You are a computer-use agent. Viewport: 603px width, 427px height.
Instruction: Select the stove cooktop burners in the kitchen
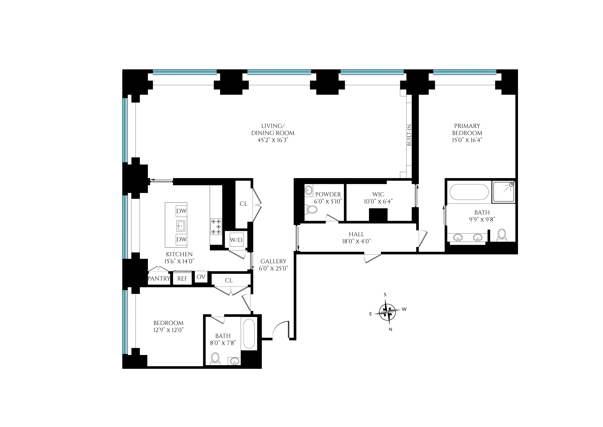pos(216,226)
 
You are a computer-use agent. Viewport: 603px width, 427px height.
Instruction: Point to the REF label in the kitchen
pos(182,279)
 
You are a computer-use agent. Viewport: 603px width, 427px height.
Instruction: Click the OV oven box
pos(201,277)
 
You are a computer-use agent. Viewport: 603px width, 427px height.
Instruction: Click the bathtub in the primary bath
pos(469,192)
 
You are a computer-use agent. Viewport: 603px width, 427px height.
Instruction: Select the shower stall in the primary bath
pos(504,191)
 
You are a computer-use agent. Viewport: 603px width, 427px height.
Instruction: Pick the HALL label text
pos(356,234)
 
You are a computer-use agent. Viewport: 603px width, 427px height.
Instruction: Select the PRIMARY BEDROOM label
pos(467,129)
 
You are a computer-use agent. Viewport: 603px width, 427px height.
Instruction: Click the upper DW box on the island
pos(181,211)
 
